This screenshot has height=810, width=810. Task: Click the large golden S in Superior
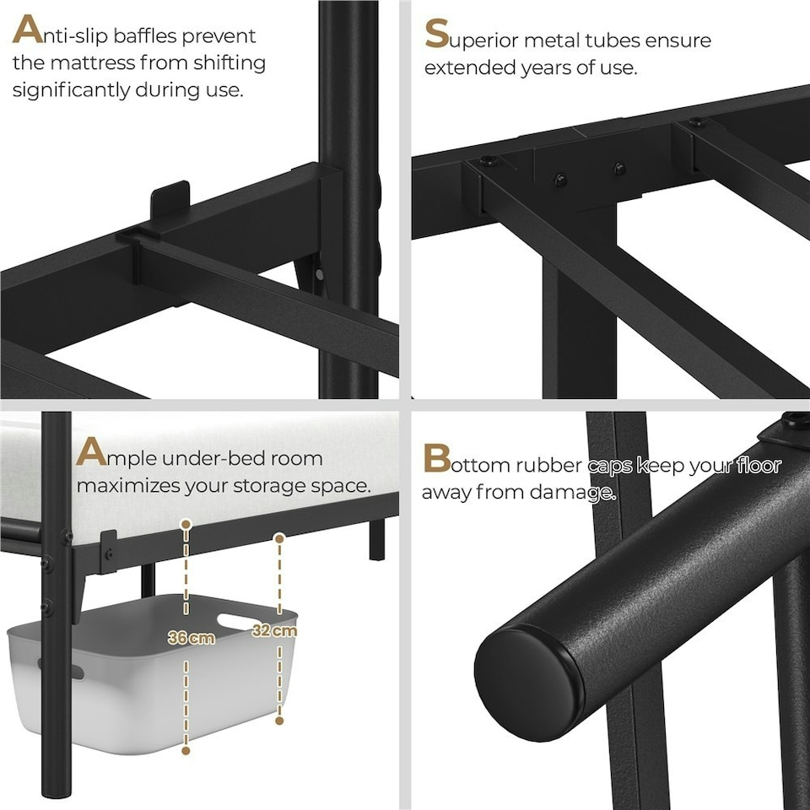pos(436,35)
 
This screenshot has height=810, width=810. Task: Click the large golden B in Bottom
pos(436,460)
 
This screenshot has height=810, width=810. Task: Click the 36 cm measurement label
pos(192,638)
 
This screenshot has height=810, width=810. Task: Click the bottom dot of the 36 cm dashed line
pos(186,750)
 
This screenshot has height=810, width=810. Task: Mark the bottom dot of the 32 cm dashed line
pos(279,721)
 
